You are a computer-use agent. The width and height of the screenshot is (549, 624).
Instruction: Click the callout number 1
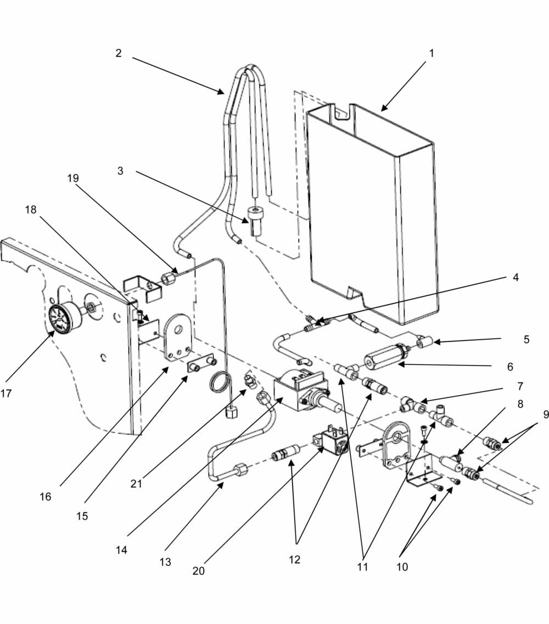pos(431,53)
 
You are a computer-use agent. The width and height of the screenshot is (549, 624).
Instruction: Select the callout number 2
pos(118,53)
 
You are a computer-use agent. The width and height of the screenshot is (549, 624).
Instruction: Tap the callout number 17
pos(6,393)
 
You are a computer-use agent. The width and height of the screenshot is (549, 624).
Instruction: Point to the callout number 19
pos(72,178)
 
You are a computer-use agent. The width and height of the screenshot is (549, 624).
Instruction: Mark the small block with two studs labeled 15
pos(201,365)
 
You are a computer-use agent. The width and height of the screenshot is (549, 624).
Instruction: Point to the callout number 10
pos(402,566)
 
